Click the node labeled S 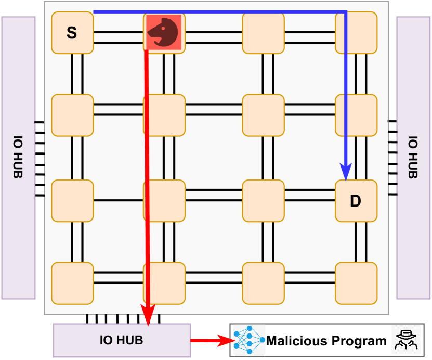click(72, 33)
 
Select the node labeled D click(356, 200)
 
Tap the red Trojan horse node click(164, 32)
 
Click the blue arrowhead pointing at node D click(346, 171)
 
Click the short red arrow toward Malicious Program click(210, 341)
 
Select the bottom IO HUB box click(122, 340)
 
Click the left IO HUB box click(18, 158)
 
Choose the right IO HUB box click(413, 158)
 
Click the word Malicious click(297, 341)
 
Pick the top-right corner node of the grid click(356, 32)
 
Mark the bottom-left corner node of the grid click(72, 283)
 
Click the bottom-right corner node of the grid click(356, 283)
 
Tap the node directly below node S click(72, 115)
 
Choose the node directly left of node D click(263, 200)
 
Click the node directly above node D click(356, 115)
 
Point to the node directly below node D click(356, 283)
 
